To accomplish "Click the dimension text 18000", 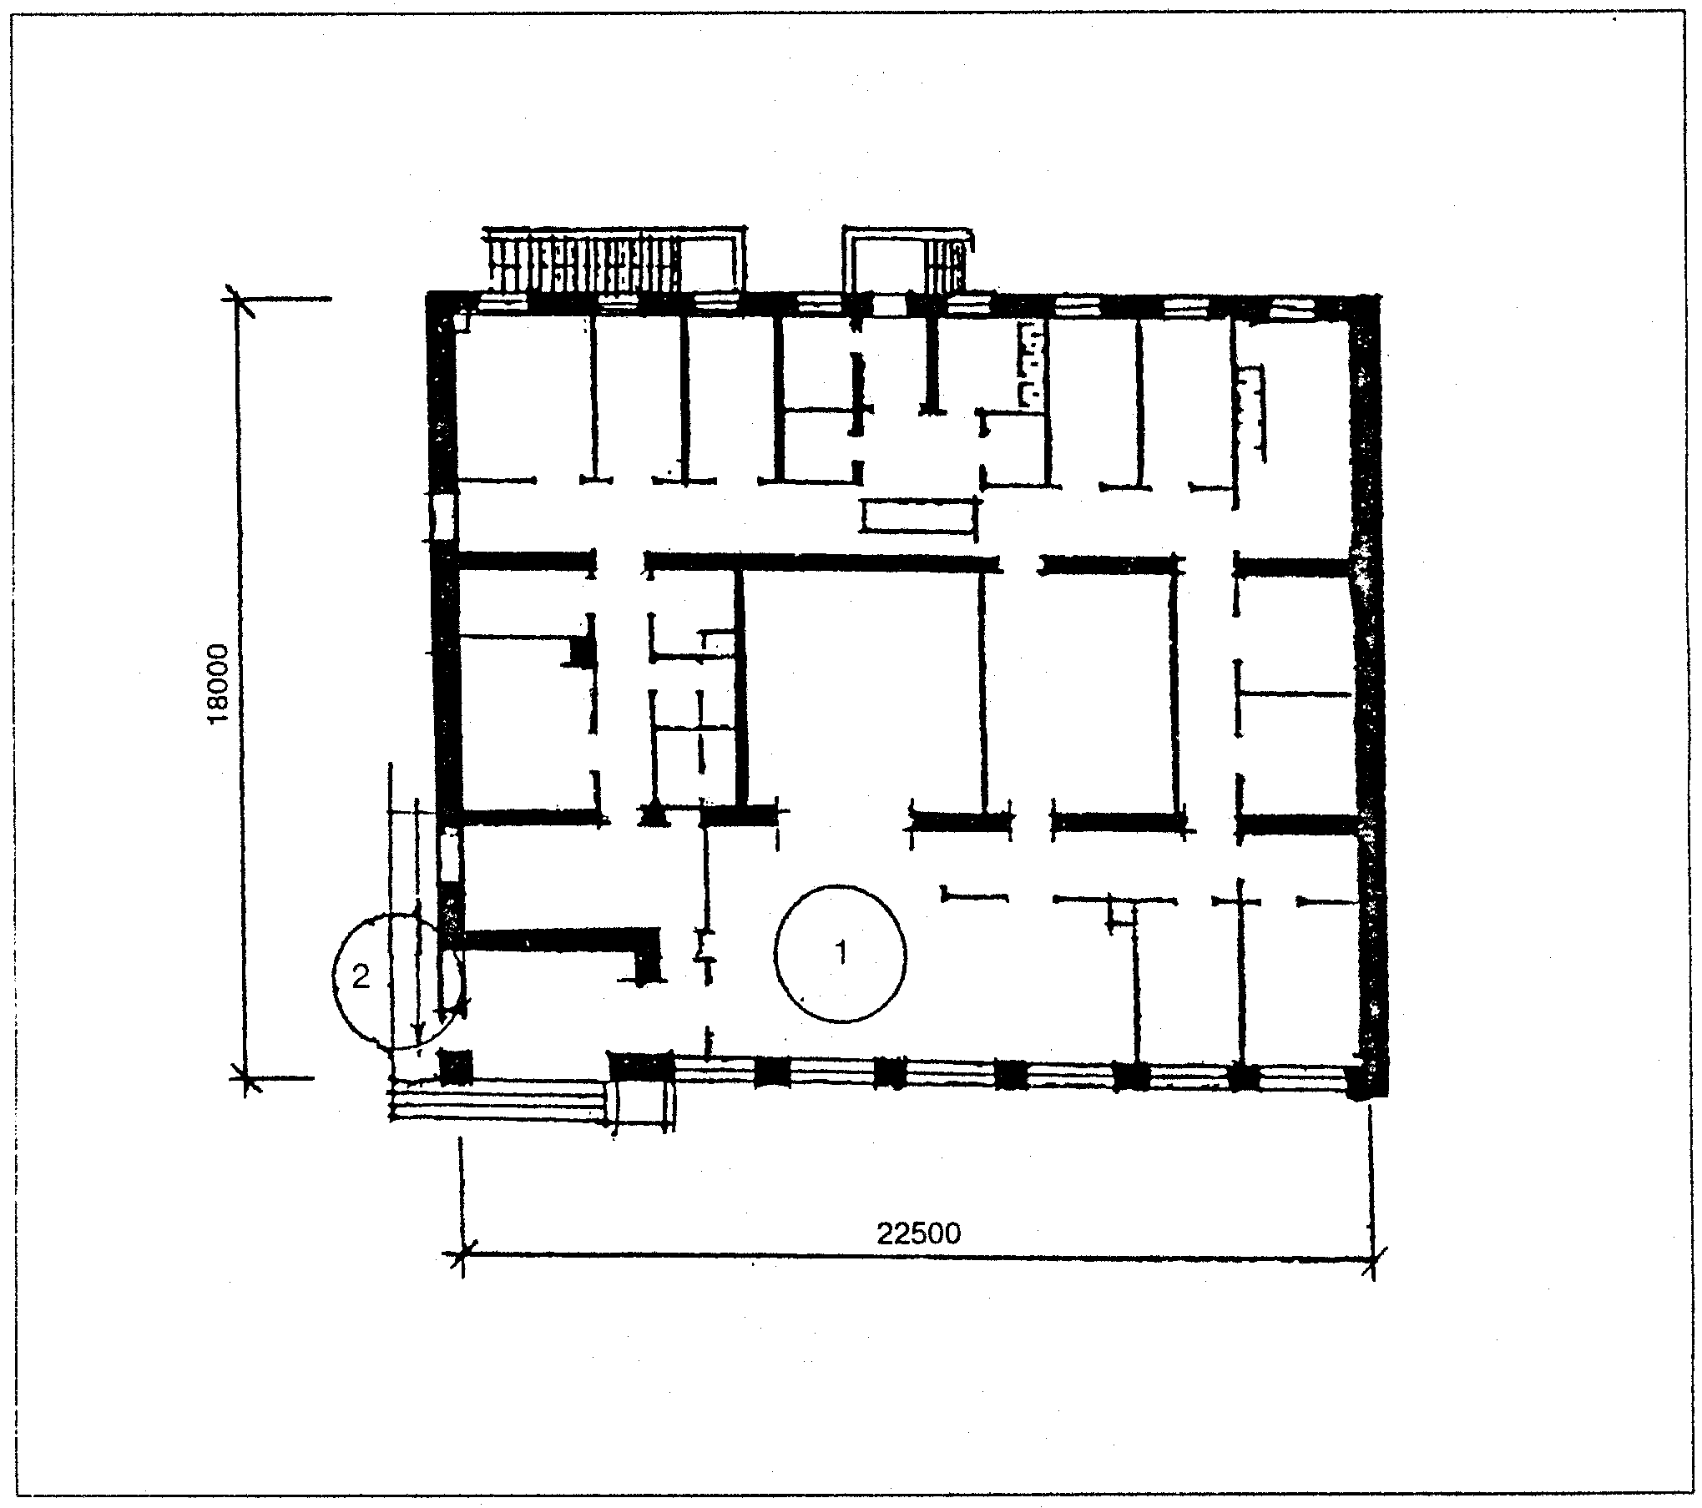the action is pyautogui.click(x=219, y=685).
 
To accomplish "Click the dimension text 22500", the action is pyautogui.click(x=918, y=1232).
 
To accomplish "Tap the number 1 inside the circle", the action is pyautogui.click(x=841, y=952).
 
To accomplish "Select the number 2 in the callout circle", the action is pyautogui.click(x=361, y=976).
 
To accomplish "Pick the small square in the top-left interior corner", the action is pyautogui.click(x=461, y=320).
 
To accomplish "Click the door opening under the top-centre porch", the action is pyautogui.click(x=890, y=305).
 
